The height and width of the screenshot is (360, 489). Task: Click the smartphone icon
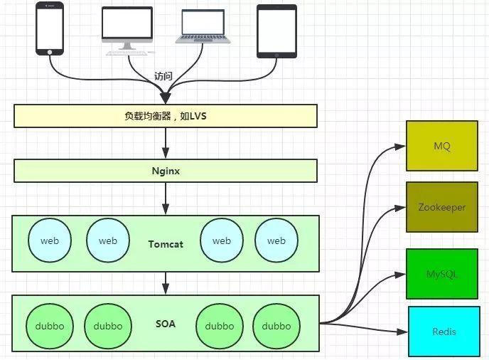pos(49,28)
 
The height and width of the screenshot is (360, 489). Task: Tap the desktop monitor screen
pos(127,23)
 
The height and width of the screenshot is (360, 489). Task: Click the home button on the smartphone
pos(49,51)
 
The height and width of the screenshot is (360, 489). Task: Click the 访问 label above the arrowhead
pos(163,76)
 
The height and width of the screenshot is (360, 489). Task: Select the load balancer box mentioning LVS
pos(165,115)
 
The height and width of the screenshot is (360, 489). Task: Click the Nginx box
pos(165,171)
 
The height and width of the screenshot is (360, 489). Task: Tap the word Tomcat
pos(166,244)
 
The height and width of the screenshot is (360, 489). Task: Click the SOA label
pos(165,324)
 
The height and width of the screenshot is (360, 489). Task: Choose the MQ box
pos(441,146)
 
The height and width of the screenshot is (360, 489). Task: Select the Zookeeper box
pos(441,207)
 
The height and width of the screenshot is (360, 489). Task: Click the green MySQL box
pos(441,274)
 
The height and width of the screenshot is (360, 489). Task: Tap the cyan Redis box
pos(444,332)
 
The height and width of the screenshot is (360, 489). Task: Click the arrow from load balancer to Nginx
pos(166,143)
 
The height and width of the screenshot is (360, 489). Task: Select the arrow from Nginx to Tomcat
pos(166,198)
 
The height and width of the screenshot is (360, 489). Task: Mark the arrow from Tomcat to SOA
pos(166,283)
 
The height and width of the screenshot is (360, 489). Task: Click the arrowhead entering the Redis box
pos(402,332)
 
